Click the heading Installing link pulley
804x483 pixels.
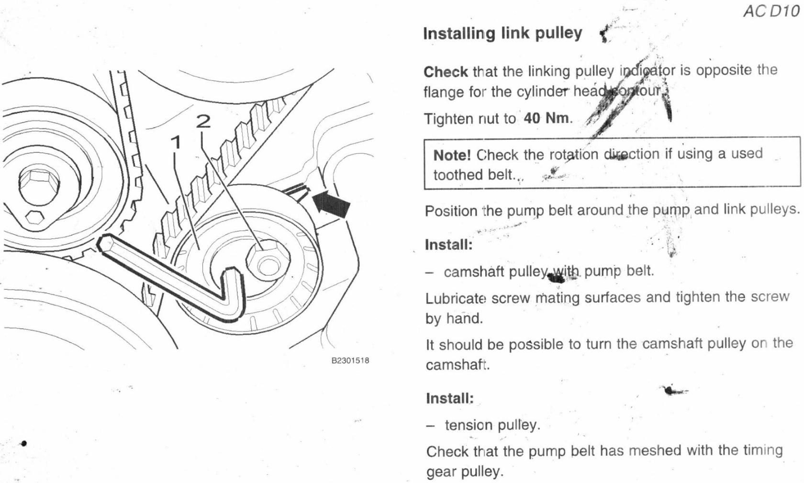[x=502, y=34]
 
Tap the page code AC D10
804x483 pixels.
[x=771, y=11]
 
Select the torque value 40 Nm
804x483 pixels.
[x=547, y=118]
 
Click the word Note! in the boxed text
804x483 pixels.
[x=452, y=155]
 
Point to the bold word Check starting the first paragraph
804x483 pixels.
[x=446, y=72]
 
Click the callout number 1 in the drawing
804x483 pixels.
[x=177, y=142]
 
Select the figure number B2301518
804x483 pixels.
[x=350, y=360]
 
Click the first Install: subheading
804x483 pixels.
[x=448, y=245]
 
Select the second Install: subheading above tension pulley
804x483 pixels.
[x=449, y=398]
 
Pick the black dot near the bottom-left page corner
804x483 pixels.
[x=24, y=443]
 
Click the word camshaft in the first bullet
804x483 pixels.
[x=474, y=271]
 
